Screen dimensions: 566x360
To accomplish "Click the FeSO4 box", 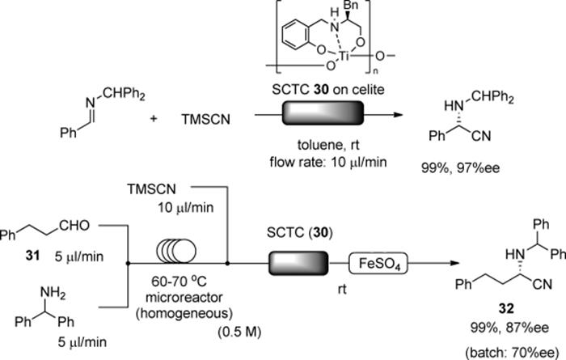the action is coord(378,264).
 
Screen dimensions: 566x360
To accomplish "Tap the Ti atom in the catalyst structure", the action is coord(343,56).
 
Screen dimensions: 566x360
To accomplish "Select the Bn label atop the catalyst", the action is coord(349,6).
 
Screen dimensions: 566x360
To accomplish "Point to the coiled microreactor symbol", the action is coord(176,250).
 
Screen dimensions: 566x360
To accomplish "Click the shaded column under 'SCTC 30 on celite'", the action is coord(323,113).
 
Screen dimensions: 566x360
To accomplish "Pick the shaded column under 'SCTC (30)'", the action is coord(298,264).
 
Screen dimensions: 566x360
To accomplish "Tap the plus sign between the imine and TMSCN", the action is coord(154,118).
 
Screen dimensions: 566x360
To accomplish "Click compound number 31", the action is coord(32,256).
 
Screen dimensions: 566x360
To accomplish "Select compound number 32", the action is coord(505,309).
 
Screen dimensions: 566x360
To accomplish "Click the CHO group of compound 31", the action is coord(74,226).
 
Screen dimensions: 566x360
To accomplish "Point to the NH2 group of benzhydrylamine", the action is coord(53,293).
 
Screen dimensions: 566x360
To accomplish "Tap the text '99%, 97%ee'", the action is coord(460,168).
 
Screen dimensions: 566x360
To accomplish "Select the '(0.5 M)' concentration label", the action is coord(239,332).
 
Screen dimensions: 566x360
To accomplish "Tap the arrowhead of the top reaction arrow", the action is coord(398,115).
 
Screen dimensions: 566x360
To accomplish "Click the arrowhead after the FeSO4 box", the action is coord(454,263).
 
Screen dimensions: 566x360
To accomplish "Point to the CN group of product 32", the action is coord(543,284).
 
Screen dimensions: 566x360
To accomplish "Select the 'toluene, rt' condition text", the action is coord(328,145).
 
